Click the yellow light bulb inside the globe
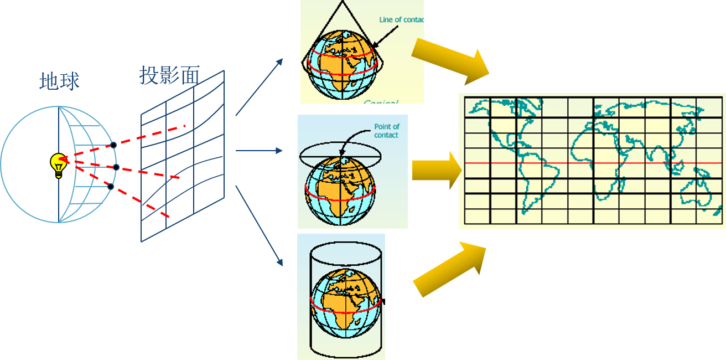58,164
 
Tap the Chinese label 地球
59,81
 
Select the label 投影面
169,75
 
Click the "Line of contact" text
401,20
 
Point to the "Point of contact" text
386,131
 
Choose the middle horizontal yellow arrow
436,170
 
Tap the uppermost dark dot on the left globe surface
113,145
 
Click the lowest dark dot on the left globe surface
111,187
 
